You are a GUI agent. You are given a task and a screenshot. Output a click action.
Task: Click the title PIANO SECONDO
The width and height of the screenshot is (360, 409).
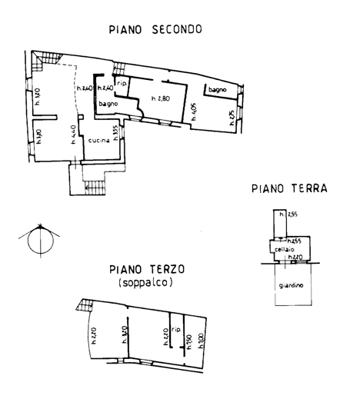(155, 30)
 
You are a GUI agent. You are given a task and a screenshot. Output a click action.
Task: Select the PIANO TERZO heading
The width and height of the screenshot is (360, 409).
(146, 270)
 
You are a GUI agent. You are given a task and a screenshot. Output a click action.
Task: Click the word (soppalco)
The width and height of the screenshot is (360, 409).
(146, 283)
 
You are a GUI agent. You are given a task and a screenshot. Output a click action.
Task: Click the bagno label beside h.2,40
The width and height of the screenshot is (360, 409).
(108, 115)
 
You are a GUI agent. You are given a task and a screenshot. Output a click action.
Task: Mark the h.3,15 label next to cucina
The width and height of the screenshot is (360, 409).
(114, 135)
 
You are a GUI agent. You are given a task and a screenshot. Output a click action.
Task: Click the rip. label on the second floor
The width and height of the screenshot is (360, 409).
(121, 84)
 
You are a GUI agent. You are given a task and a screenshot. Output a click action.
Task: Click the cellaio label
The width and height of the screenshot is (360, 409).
(285, 250)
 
